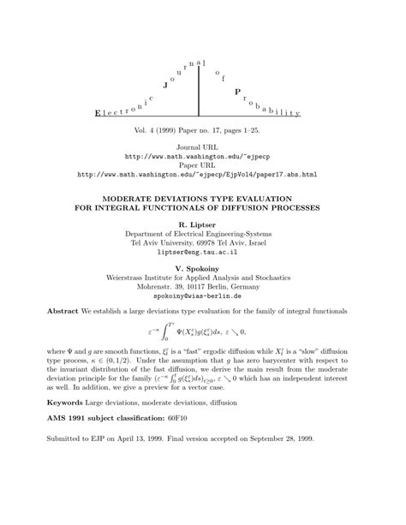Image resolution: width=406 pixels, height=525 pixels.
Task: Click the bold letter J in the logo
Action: [166, 86]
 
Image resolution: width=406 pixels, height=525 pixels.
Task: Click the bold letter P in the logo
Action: [237, 91]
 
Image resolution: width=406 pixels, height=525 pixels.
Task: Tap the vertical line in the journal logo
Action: [200, 90]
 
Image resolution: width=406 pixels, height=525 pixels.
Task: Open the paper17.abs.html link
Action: [203, 175]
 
